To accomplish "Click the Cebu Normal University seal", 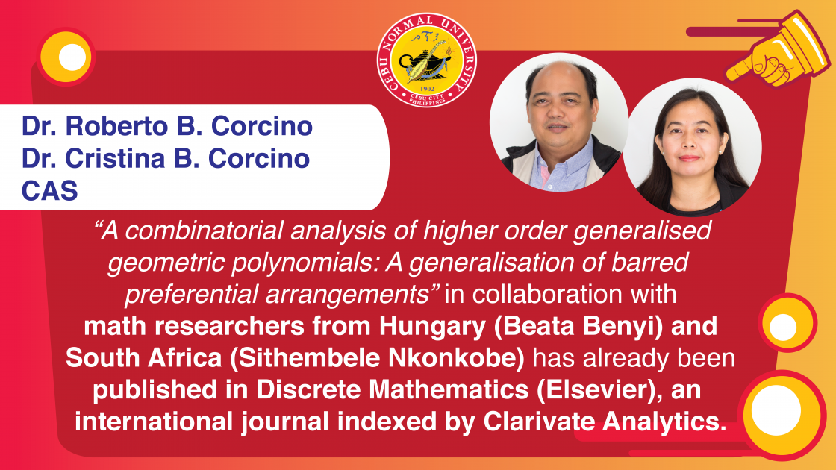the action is (x=427, y=60).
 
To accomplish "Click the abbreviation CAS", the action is (x=49, y=191).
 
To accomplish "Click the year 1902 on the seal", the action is (x=427, y=89).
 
